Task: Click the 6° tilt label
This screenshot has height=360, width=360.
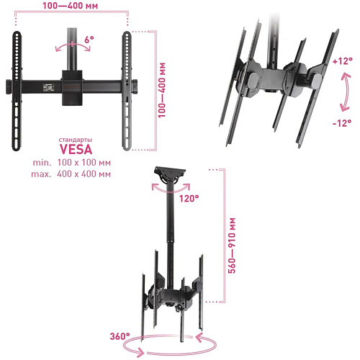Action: [89, 40]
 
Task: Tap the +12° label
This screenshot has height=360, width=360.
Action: [343, 61]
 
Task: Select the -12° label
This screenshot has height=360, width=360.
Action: [342, 123]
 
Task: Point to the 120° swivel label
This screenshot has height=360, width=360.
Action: [189, 198]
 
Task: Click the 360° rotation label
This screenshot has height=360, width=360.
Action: [120, 336]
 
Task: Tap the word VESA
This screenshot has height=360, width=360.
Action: [76, 149]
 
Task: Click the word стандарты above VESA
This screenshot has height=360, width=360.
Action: [76, 140]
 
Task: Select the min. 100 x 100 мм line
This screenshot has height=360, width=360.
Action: [72, 163]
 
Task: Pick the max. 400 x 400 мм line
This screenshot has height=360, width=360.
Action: [71, 174]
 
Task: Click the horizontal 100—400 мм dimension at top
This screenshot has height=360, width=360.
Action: [71, 6]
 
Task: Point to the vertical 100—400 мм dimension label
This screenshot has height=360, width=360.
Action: [162, 90]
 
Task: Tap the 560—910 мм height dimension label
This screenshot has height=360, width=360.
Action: [232, 246]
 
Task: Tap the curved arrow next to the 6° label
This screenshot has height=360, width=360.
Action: [73, 45]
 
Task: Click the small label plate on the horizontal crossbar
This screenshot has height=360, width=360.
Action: [48, 87]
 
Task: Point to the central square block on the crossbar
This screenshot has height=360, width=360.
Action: [72, 88]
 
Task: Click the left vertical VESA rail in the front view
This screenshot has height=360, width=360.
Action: [17, 91]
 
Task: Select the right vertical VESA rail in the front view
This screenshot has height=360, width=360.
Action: [127, 91]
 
